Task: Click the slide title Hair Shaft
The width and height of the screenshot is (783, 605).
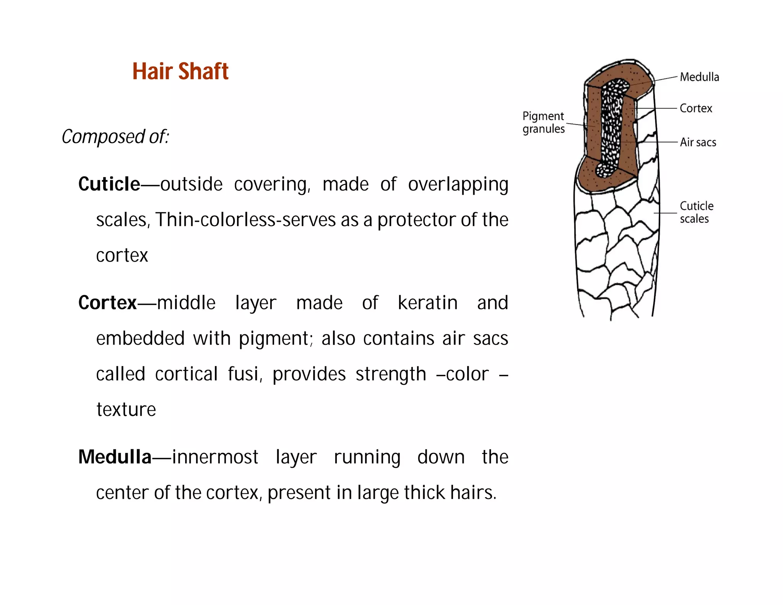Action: click(x=180, y=72)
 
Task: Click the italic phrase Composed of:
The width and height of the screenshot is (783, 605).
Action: click(x=115, y=137)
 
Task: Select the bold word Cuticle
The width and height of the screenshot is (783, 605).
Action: click(x=109, y=184)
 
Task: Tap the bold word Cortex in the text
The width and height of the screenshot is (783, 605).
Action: click(x=107, y=302)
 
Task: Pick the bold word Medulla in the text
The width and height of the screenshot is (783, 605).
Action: click(x=115, y=457)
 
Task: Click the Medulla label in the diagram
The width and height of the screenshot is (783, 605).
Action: click(x=699, y=77)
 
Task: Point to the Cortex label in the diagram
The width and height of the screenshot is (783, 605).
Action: click(x=696, y=109)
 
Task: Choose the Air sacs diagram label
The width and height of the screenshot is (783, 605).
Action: click(x=698, y=142)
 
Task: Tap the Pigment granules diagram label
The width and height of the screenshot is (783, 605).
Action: click(x=543, y=122)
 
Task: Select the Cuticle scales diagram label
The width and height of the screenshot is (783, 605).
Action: click(x=696, y=212)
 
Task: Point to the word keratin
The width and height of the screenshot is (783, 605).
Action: click(x=427, y=303)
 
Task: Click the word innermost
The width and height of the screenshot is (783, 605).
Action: click(x=215, y=457)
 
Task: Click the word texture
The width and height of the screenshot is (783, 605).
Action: click(x=126, y=410)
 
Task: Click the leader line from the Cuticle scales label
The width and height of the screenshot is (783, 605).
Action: click(x=665, y=213)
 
